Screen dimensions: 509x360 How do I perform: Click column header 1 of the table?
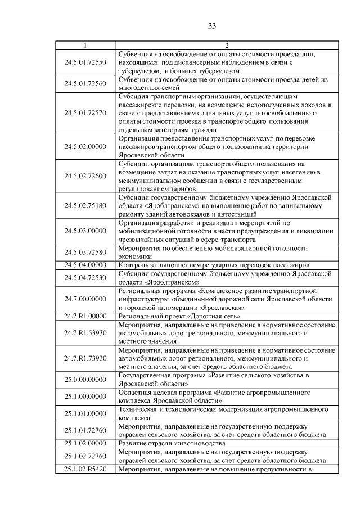click(x=85, y=46)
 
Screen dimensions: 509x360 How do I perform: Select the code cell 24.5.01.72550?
click(x=85, y=62)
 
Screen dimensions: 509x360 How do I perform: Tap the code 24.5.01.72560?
click(x=85, y=84)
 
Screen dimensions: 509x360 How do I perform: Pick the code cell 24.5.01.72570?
click(x=85, y=113)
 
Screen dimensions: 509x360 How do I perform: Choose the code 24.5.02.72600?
click(x=85, y=176)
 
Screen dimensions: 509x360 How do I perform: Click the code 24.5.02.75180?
click(x=85, y=206)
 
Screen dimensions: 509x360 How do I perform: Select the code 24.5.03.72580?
click(x=85, y=251)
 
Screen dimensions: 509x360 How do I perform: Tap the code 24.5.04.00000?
click(x=85, y=264)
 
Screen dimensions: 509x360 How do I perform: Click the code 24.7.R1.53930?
click(x=85, y=333)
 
